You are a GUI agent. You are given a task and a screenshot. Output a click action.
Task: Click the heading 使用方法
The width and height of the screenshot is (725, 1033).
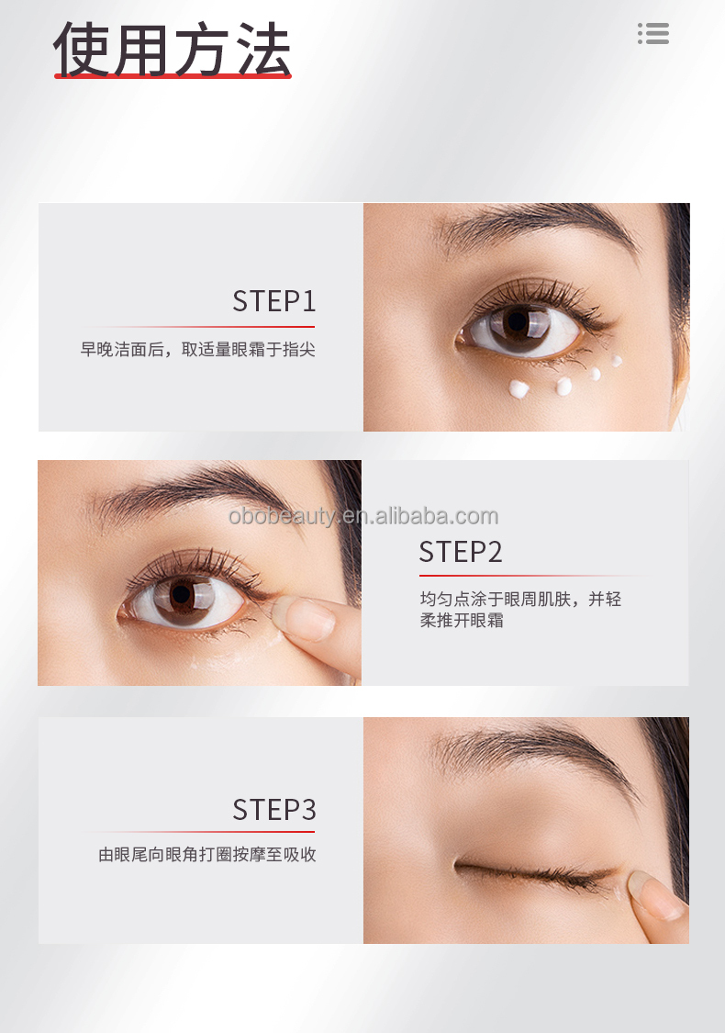[173, 48]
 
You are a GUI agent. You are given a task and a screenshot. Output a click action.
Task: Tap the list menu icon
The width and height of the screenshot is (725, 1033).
[653, 34]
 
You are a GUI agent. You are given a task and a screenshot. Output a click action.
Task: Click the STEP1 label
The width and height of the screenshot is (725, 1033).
[273, 301]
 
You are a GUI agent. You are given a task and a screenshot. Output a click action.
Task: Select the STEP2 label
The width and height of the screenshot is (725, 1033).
[461, 552]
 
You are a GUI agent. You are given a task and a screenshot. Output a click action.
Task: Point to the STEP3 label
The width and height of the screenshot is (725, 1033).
[273, 810]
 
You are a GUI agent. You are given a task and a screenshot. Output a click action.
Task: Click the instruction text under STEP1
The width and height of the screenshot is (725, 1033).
[197, 350]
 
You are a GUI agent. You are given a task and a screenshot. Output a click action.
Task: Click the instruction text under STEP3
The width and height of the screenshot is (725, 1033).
[207, 855]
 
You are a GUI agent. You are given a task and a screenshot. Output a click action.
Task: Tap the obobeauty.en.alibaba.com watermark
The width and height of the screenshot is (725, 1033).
[362, 516]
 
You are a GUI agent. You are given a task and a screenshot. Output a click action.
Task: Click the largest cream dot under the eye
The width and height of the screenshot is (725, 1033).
[519, 389]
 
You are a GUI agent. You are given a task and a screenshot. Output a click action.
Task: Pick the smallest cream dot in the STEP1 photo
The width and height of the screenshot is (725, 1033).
[617, 361]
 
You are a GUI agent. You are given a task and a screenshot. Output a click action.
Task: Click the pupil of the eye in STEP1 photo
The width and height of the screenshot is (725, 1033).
[517, 322]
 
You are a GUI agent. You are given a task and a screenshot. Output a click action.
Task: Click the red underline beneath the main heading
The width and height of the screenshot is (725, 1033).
[173, 76]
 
